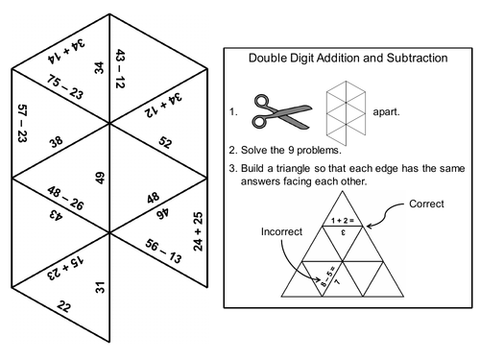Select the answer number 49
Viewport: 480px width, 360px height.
tap(100, 177)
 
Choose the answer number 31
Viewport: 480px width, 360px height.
tap(99, 285)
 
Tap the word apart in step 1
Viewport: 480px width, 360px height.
tap(384, 111)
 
